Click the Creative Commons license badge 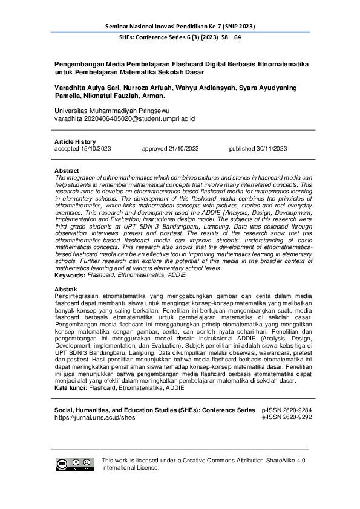point(76,464)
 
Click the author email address point(125,119)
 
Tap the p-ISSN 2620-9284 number point(286,393)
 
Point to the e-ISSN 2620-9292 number point(286,400)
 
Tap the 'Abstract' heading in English point(67,171)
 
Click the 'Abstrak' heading point(66,290)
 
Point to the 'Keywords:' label point(70,275)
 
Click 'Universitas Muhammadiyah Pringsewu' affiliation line point(112,111)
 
